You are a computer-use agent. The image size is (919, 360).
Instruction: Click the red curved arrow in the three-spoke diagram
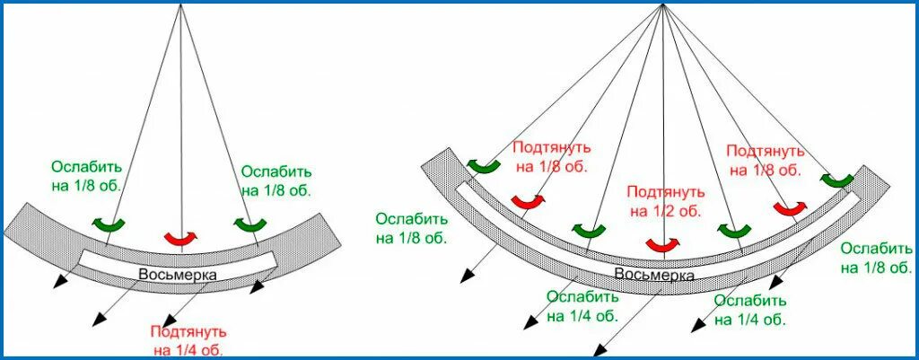(x=181, y=238)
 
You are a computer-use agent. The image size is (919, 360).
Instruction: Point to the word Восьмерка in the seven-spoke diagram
(x=653, y=274)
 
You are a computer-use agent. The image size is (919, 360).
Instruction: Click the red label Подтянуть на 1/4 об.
(x=188, y=340)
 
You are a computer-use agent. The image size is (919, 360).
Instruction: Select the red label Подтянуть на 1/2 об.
(x=663, y=201)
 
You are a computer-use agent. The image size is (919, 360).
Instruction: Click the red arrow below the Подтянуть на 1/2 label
(x=662, y=244)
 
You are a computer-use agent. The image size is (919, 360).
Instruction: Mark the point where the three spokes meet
(x=181, y=4)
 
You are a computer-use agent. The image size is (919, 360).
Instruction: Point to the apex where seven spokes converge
(x=662, y=5)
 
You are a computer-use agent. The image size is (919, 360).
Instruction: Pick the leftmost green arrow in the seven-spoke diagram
(x=484, y=165)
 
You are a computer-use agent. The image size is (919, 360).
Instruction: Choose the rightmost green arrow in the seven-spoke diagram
(x=837, y=181)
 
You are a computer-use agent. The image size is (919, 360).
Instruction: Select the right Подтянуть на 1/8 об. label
(x=763, y=160)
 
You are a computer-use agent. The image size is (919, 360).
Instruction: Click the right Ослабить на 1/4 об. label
(x=750, y=310)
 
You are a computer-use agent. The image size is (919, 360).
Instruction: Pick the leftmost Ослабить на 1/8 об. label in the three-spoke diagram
(x=86, y=177)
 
